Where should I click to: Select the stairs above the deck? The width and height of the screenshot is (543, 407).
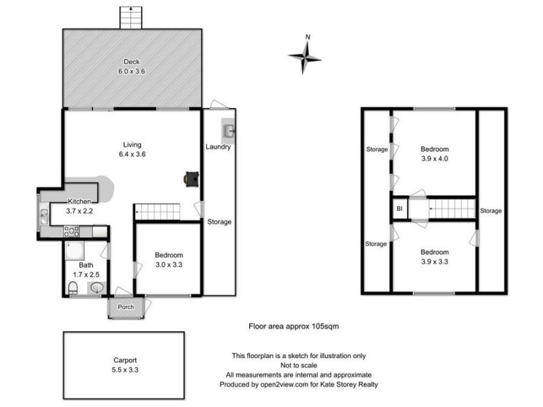click(x=130, y=18)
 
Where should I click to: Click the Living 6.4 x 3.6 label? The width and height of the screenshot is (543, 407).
click(x=132, y=149)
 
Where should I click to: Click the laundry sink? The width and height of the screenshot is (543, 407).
click(x=228, y=130)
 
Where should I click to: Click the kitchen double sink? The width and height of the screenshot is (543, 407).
click(x=44, y=216)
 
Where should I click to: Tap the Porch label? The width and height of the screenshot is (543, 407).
click(x=126, y=307)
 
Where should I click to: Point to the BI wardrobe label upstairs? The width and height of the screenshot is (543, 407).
click(x=399, y=209)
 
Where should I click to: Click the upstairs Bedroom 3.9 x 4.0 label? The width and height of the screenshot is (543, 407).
click(x=434, y=154)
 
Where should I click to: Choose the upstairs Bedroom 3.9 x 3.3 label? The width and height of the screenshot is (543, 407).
click(x=434, y=256)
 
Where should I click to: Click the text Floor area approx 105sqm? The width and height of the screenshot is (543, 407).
click(x=294, y=326)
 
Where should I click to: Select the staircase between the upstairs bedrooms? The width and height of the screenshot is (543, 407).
click(x=451, y=208)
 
